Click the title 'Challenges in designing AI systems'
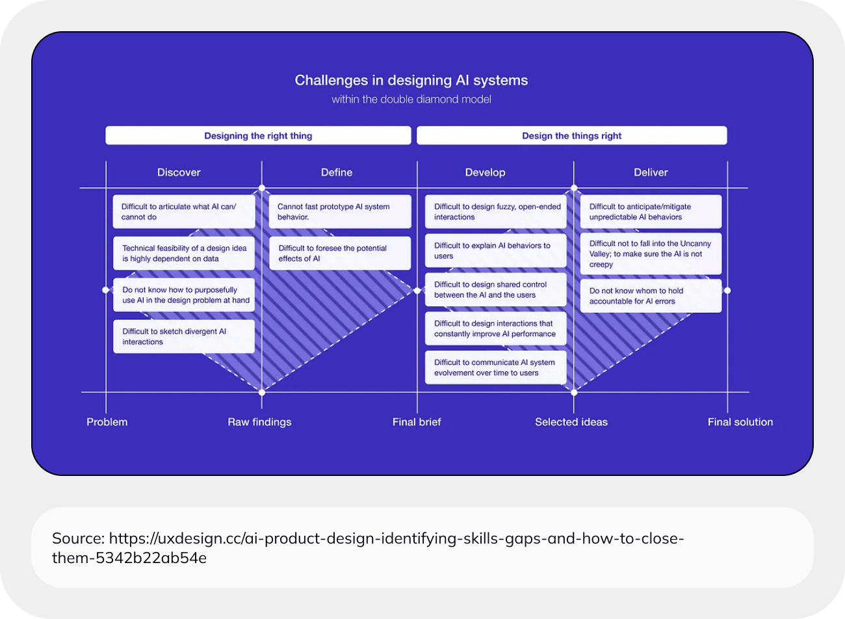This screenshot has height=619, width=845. (x=411, y=81)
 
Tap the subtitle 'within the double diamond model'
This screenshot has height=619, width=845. (x=411, y=99)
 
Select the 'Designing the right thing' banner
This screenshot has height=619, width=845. (x=258, y=136)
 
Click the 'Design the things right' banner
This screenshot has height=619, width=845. (x=571, y=136)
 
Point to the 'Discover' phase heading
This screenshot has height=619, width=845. (x=179, y=172)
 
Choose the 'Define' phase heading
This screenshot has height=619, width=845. (x=337, y=172)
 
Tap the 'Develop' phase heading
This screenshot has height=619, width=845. (x=485, y=172)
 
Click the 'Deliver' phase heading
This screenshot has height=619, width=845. (x=651, y=172)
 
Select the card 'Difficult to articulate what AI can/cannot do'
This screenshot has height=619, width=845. (x=184, y=212)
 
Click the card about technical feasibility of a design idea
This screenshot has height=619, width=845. (x=184, y=254)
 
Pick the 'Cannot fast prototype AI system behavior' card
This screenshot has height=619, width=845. (x=340, y=212)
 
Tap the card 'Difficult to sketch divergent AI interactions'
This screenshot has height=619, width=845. (x=184, y=337)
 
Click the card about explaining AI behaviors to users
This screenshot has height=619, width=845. (x=495, y=251)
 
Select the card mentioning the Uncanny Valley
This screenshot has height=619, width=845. (x=651, y=254)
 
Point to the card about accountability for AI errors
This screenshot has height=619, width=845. (x=651, y=296)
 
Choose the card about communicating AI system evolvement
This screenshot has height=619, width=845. (x=495, y=368)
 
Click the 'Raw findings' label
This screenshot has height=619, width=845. (x=259, y=422)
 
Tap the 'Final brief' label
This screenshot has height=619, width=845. (x=417, y=422)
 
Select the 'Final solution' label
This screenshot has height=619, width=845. (x=740, y=422)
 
